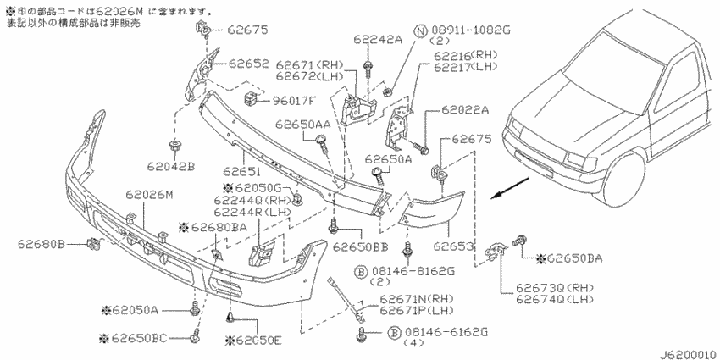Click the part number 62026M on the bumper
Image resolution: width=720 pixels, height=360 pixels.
coord(150,195)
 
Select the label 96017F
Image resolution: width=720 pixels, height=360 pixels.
coord(294,100)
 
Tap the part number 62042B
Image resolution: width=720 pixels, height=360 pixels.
coord(171,166)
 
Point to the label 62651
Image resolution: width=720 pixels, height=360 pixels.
coord(242,172)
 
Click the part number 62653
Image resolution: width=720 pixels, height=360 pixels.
coord(454,247)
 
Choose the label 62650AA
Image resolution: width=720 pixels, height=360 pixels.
coord(303,125)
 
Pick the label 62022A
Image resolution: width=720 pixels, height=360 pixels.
coord(465,110)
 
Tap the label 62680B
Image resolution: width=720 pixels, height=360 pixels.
coord(42,244)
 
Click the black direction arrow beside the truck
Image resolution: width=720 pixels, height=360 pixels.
coord(509,189)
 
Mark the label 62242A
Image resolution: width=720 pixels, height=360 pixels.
coord(378,40)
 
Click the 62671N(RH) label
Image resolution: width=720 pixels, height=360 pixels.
coord(417,299)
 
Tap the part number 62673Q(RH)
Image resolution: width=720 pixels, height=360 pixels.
coord(555,289)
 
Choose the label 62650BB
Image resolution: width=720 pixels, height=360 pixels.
coord(361,247)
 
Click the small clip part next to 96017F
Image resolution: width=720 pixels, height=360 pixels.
coord(250,99)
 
